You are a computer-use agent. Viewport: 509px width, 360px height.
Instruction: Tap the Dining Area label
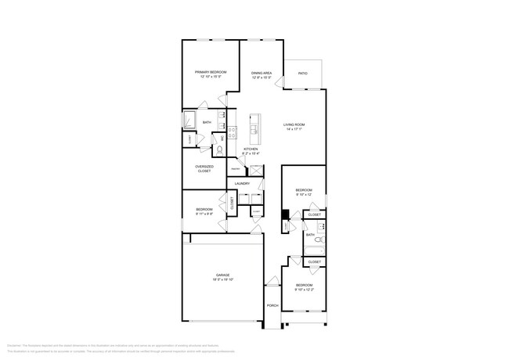pos(262,72)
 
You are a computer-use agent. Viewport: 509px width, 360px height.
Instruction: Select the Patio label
pos(303,74)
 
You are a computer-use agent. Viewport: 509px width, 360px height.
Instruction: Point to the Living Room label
pos(294,125)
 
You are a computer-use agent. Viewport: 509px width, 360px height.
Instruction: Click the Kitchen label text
pos(251,149)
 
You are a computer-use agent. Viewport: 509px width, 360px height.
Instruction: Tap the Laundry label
pos(242,184)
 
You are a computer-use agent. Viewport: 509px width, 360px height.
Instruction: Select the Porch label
pos(273,305)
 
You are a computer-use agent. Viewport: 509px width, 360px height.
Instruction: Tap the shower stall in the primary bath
pos(190,120)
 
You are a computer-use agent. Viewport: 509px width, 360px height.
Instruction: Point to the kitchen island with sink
pos(254,125)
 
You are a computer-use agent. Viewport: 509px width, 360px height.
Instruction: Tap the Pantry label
pos(235,168)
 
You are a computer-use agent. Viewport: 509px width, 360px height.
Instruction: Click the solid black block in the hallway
pos(286,215)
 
